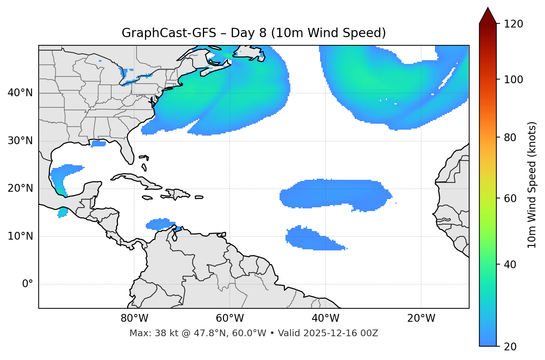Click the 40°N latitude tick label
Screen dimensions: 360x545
[20, 93]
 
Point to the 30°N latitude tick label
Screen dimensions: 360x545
[20, 141]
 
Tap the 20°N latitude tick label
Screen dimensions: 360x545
[20, 188]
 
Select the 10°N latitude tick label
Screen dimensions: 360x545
[20, 236]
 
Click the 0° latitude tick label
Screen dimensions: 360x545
[28, 284]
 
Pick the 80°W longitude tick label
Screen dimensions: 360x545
[134, 318]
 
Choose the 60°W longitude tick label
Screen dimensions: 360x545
[230, 318]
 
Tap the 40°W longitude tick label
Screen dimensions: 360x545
[325, 318]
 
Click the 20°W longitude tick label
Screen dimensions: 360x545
[421, 318]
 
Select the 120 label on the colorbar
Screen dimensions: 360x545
[513, 24]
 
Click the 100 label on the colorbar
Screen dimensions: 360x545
[513, 80]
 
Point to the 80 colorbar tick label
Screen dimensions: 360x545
[510, 137]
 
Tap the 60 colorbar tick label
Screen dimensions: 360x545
[510, 198]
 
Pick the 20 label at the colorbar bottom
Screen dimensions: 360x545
[510, 347]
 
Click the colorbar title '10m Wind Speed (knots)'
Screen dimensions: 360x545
[532, 185]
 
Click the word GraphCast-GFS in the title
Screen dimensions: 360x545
[169, 33]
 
